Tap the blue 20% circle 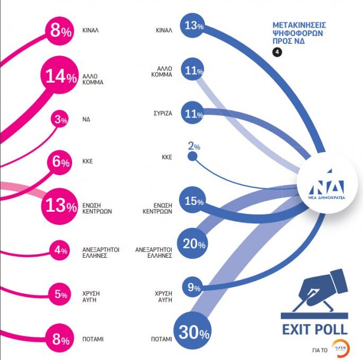tap(193, 244)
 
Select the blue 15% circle tap(193, 201)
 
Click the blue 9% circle tap(193, 288)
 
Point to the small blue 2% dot tap(192, 157)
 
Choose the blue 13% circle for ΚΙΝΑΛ tap(193, 26)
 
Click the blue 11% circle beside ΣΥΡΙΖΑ tap(193, 113)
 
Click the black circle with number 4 tap(277, 51)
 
